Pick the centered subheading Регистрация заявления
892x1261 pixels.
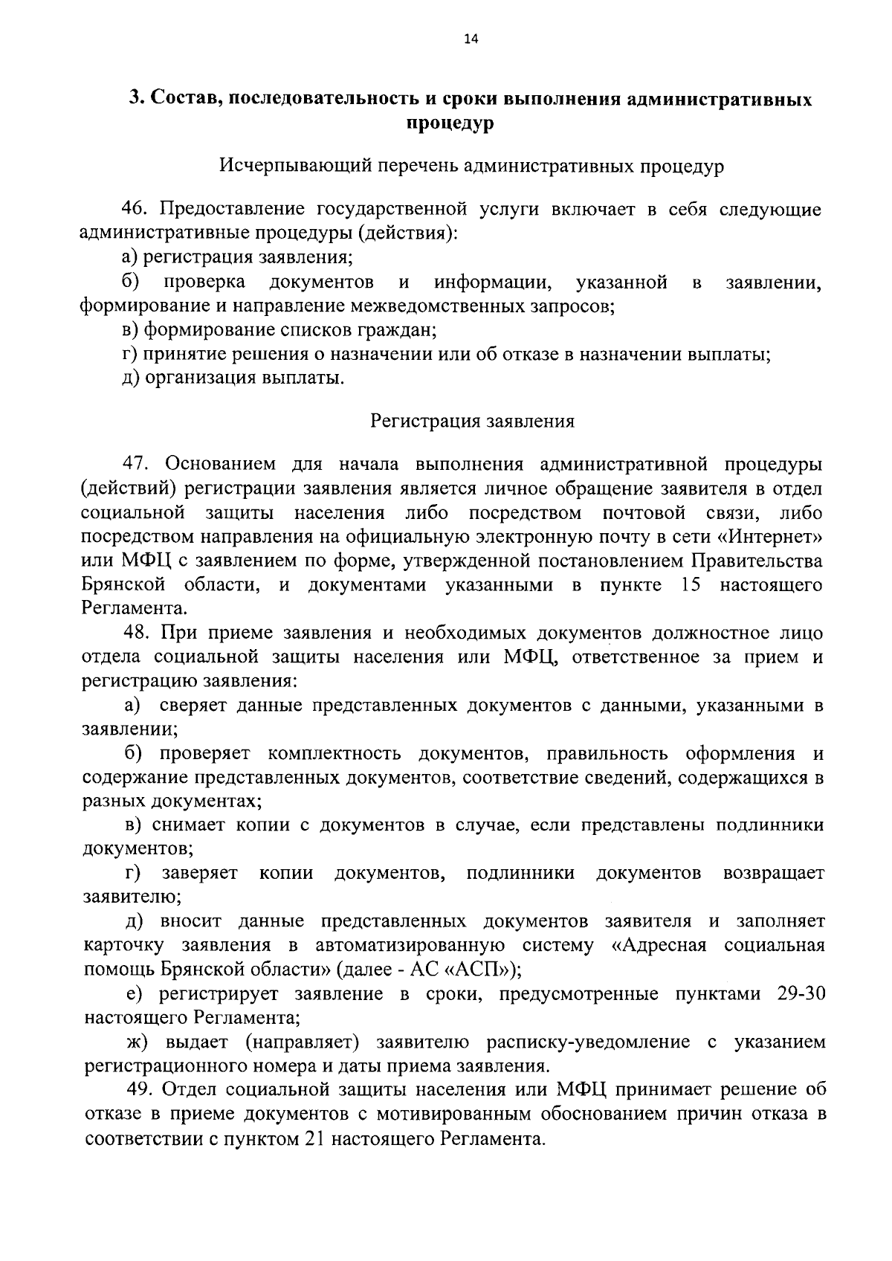point(473,422)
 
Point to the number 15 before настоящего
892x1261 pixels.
point(691,585)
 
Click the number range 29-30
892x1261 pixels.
point(801,994)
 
